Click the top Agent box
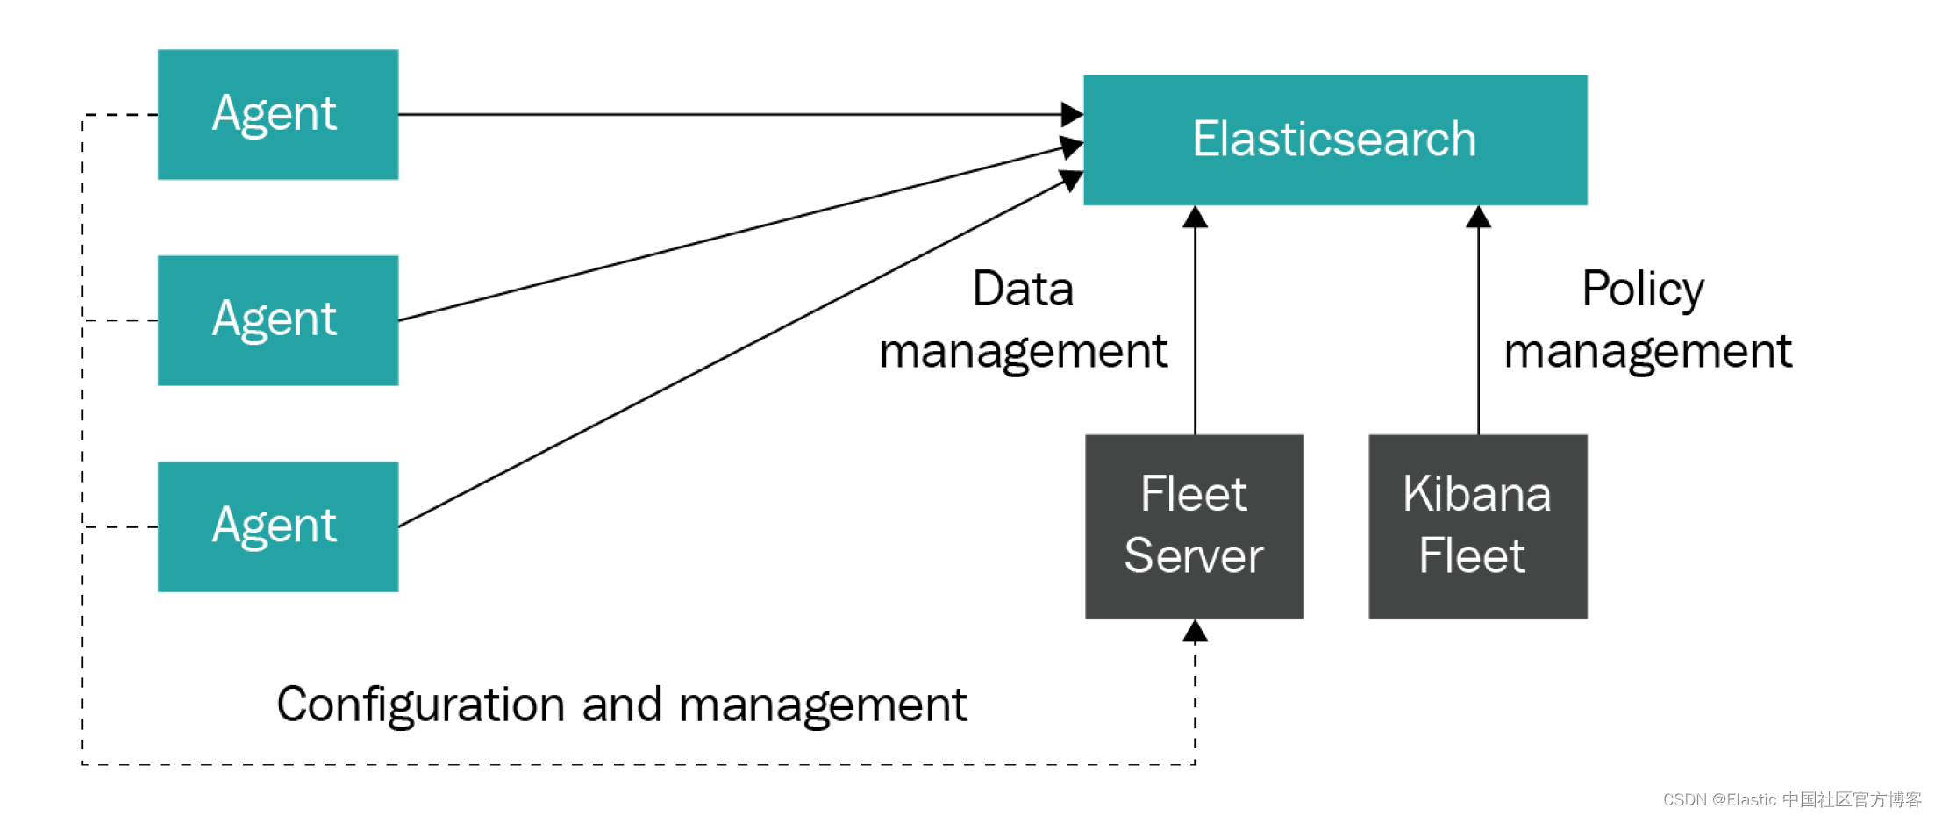click(278, 114)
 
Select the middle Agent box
click(278, 320)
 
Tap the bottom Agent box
click(278, 526)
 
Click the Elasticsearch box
click(1335, 140)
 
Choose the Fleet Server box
click(1195, 526)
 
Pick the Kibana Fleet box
click(1478, 526)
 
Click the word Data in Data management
click(1023, 289)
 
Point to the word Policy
click(1643, 290)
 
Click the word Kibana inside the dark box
click(1477, 493)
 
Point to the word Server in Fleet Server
click(1194, 555)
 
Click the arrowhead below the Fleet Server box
click(1195, 631)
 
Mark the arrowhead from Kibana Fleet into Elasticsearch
click(1479, 217)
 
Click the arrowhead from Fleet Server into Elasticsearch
click(1195, 217)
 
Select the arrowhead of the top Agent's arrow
click(1072, 114)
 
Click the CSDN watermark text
click(1792, 799)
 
